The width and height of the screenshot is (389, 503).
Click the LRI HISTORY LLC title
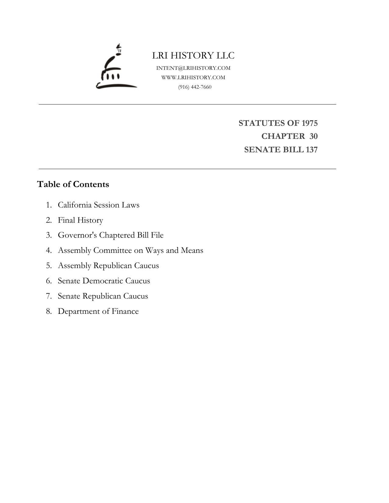(x=193, y=55)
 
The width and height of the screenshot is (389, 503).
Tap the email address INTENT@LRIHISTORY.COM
(x=193, y=68)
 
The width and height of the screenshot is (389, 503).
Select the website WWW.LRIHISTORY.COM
(x=193, y=77)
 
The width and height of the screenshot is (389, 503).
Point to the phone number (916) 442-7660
(x=195, y=87)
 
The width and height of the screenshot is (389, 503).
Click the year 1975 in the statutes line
(x=309, y=123)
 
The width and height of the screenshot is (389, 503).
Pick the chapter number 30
(x=313, y=136)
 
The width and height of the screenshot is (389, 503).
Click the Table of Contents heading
(x=73, y=184)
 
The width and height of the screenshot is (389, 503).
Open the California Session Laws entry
(x=98, y=205)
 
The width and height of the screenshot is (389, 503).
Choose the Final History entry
(x=80, y=220)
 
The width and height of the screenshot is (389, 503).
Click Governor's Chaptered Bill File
(x=111, y=235)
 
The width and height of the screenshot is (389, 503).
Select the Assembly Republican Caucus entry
(x=108, y=266)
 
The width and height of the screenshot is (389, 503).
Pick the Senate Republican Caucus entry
(x=103, y=296)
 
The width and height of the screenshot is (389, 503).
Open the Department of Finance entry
(x=98, y=311)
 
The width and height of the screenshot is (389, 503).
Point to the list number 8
(x=49, y=311)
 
